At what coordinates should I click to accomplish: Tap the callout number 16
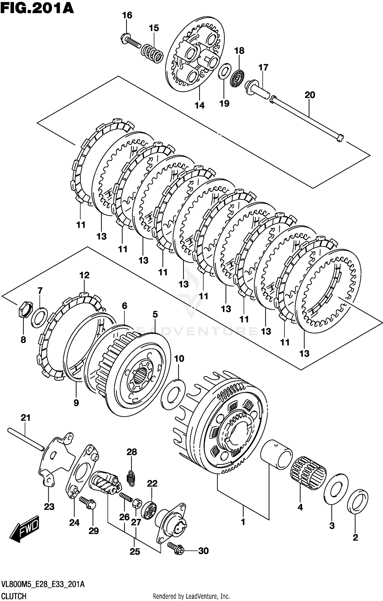tap(127, 15)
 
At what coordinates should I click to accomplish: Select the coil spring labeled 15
tap(152, 53)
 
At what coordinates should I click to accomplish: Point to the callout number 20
tap(310, 95)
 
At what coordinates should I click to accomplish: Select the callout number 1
tap(243, 522)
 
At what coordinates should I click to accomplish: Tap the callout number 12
tap(84, 275)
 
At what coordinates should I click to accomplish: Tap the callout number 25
tap(135, 552)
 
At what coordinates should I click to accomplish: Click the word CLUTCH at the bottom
tap(14, 596)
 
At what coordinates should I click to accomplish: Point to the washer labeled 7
tap(39, 318)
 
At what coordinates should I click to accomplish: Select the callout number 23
tap(49, 507)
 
